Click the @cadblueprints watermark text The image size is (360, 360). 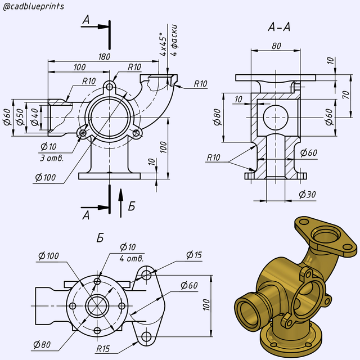click(x=33, y=7)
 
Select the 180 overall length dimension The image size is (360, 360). click(x=104, y=56)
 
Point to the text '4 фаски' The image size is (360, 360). click(x=174, y=38)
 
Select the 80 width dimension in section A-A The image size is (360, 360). click(x=276, y=46)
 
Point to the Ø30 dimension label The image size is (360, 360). click(x=307, y=195)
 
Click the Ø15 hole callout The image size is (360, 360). click(x=193, y=255)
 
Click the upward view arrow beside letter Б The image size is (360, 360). click(x=120, y=202)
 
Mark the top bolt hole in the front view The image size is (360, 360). click(x=109, y=86)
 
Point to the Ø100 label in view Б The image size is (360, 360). click(x=48, y=256)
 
